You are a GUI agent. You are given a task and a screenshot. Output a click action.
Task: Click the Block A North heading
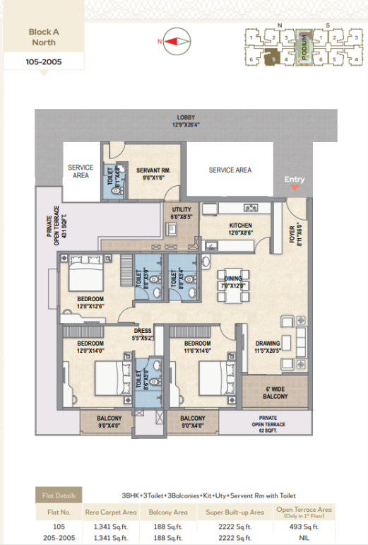[x=43, y=37]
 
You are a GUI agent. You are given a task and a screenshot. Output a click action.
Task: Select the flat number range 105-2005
[x=43, y=61]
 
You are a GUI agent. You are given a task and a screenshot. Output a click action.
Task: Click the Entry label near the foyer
[x=295, y=180]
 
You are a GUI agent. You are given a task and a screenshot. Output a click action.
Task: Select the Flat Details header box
[x=59, y=496]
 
